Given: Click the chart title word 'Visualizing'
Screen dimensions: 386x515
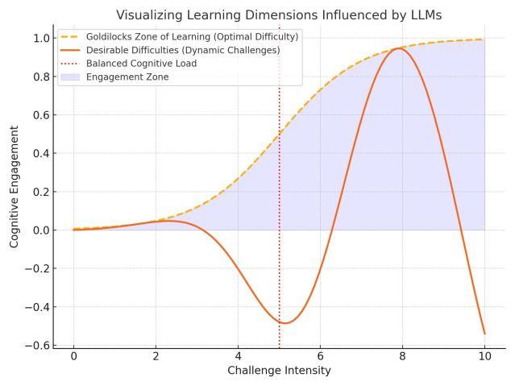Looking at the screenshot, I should [x=150, y=15].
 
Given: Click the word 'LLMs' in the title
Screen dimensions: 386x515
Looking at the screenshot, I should [x=425, y=15].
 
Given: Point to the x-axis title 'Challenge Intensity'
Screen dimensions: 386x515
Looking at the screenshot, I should [x=279, y=371].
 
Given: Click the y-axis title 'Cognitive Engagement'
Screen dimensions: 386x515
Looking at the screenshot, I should [x=15, y=192].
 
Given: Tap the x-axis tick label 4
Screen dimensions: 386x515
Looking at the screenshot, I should [x=238, y=355].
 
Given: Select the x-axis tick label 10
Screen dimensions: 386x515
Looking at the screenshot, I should [x=484, y=355].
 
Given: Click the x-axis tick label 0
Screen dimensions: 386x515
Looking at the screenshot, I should [x=73, y=355].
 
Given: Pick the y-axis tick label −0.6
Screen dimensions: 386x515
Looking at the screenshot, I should [x=39, y=346].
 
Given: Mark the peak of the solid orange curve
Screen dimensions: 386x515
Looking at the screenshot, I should [x=398, y=48].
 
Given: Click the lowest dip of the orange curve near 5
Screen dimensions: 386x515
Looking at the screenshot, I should [x=284, y=323].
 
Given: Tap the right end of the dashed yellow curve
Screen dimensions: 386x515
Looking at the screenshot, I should [x=484, y=39].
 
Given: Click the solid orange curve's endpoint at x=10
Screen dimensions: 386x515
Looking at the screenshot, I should [x=484, y=334].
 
